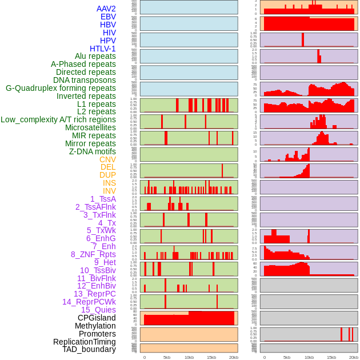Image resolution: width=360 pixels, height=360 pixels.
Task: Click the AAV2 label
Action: coord(106,9)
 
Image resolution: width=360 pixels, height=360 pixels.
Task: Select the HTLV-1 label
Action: coord(102,49)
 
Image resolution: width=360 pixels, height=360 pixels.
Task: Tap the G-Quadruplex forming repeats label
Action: coord(61,88)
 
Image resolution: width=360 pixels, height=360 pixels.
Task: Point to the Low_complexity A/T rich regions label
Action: coord(58,119)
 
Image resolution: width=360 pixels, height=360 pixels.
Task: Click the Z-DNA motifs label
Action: coord(93,151)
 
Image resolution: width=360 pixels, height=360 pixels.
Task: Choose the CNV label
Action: coord(107,159)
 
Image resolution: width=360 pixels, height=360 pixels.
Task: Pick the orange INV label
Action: coord(109,191)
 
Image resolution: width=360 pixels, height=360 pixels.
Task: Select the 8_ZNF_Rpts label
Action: coord(93,254)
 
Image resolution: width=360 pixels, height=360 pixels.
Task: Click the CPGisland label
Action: coord(97,318)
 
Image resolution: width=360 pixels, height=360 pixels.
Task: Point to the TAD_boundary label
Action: coord(89,349)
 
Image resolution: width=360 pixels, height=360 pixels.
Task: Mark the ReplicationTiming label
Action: coord(85,342)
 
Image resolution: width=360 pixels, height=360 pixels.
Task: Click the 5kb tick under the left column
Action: coord(167,357)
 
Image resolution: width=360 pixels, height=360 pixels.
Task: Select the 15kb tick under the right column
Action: coord(331,357)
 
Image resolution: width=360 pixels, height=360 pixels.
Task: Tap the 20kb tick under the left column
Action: coord(234,357)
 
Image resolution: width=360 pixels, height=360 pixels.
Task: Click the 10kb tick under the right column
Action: coord(309,357)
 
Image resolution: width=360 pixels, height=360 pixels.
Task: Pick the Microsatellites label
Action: coord(90,127)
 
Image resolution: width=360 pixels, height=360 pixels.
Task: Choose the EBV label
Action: coord(108,17)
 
